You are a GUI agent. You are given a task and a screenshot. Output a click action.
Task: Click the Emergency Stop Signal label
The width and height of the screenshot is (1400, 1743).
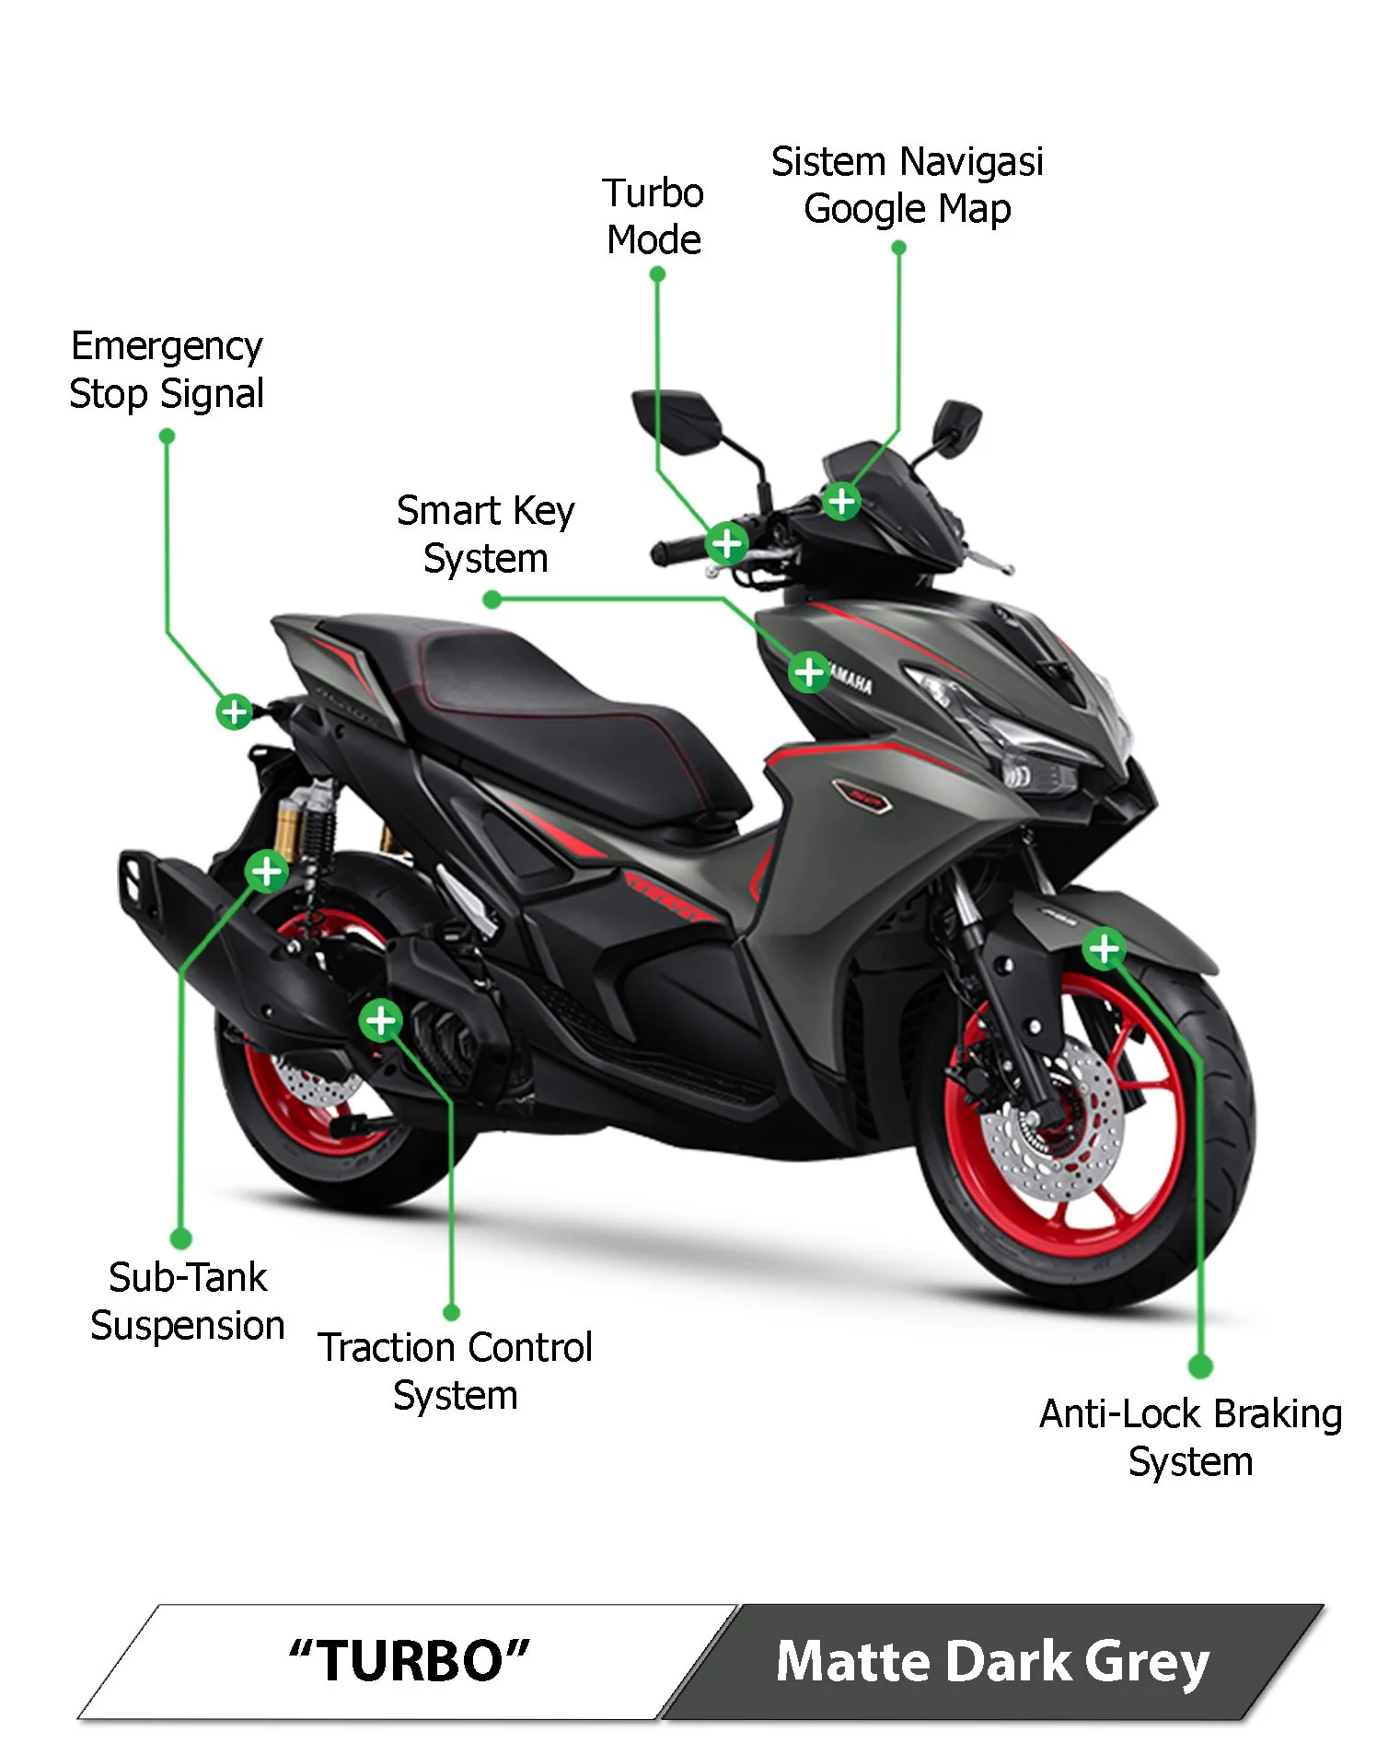(x=167, y=370)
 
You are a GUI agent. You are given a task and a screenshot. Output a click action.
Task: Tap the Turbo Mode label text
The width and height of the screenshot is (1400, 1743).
(x=654, y=216)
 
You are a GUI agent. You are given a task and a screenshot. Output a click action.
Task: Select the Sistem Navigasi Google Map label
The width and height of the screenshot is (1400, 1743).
(x=907, y=185)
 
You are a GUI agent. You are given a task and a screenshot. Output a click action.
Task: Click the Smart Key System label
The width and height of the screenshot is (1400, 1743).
(x=485, y=534)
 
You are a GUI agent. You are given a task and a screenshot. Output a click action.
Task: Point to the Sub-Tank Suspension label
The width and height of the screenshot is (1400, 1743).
(x=188, y=1301)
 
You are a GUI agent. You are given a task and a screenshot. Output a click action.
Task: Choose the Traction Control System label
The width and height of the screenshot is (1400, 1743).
(x=456, y=1371)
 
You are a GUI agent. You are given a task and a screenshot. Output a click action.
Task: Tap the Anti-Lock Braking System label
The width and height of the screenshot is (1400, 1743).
(x=1190, y=1437)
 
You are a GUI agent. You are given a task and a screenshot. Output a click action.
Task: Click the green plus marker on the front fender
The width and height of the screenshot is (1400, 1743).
(x=1103, y=948)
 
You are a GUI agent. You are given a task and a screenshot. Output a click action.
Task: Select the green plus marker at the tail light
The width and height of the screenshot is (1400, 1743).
(x=234, y=711)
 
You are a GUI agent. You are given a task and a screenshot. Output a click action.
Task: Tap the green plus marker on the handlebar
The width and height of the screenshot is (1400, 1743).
(x=726, y=543)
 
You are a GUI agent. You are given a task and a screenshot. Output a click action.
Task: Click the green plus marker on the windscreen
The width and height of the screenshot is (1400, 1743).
(x=841, y=502)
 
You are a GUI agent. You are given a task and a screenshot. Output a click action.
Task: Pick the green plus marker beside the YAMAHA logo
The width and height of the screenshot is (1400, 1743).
(x=809, y=672)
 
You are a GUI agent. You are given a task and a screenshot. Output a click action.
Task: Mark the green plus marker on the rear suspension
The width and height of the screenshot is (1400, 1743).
(x=266, y=870)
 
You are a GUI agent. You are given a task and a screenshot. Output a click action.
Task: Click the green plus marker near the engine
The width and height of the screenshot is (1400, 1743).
(x=380, y=1020)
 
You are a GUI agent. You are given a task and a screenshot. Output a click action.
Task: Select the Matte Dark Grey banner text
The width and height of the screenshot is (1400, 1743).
(x=992, y=1662)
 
